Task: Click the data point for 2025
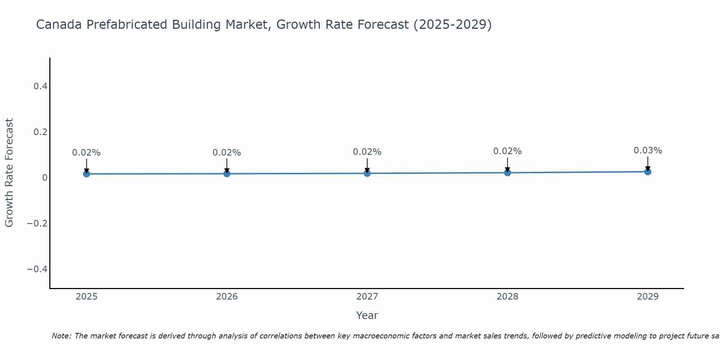[86, 174]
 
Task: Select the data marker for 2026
[227, 174]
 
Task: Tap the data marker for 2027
[367, 173]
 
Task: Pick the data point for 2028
[507, 173]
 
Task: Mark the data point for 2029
[648, 172]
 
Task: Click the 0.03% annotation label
[648, 150]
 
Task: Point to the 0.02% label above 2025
[86, 153]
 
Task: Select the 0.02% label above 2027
[367, 152]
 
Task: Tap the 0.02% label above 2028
[507, 151]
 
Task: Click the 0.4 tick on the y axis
[40, 86]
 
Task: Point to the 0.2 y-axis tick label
[40, 132]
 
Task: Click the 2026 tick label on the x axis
[227, 297]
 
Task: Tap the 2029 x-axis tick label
[648, 297]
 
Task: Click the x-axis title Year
[367, 316]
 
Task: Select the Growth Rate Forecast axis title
[9, 173]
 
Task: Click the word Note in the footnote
[61, 336]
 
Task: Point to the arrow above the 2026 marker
[227, 166]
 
